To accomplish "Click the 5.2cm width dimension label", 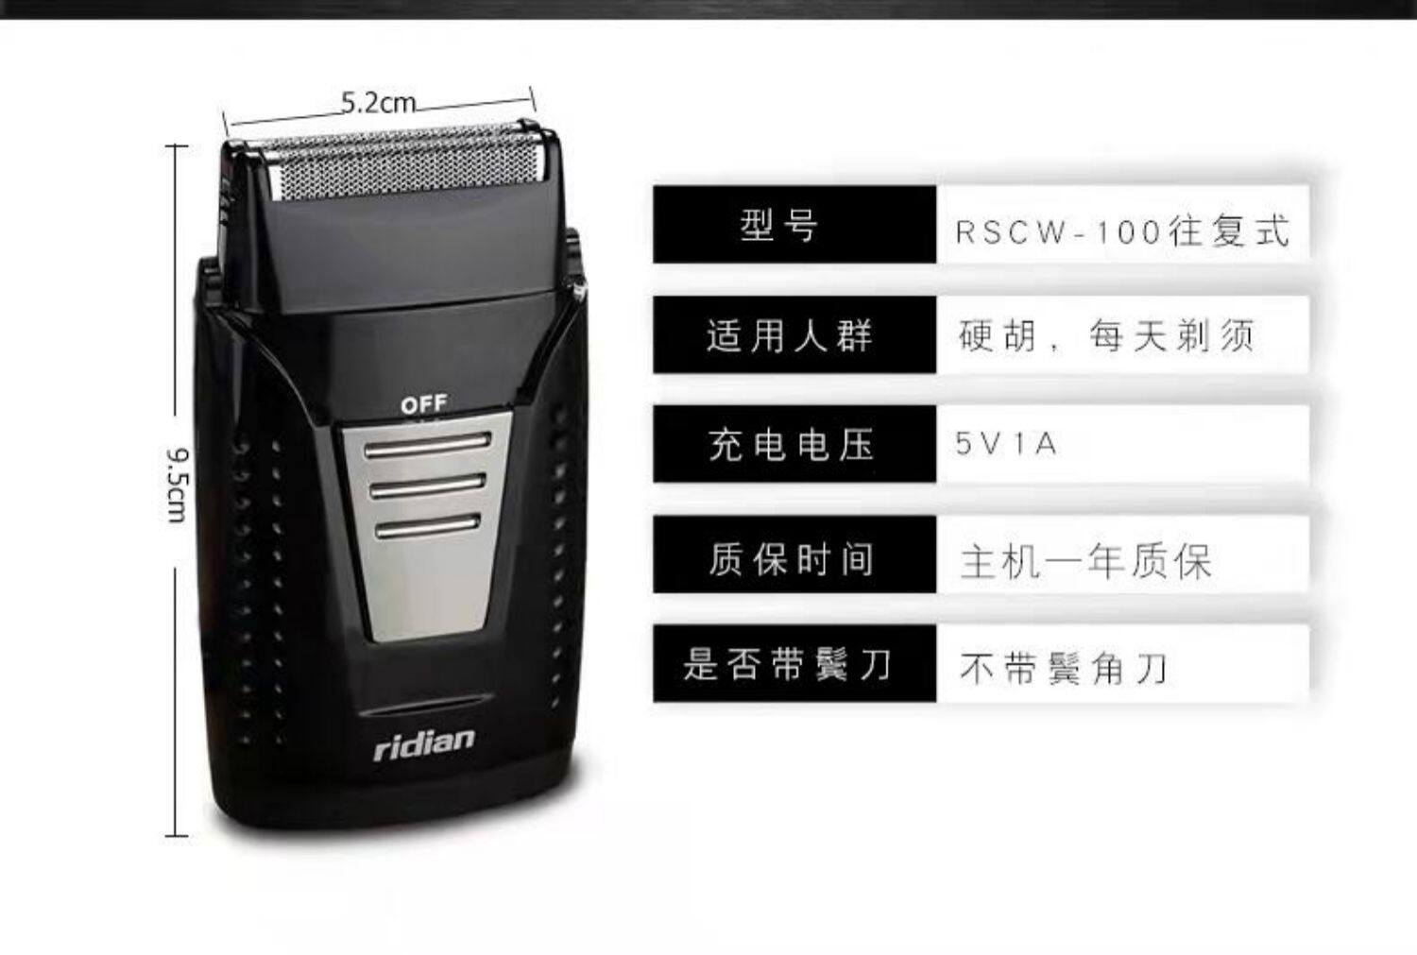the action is tap(378, 102).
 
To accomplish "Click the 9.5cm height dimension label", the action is tap(177, 486).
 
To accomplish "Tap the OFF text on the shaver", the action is tap(422, 404).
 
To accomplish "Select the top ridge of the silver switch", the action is tap(430, 445).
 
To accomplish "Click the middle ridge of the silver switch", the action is tap(430, 486).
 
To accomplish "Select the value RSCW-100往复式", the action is tap(1122, 230).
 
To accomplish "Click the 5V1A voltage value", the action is tap(1006, 444).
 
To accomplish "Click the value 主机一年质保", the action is tap(1086, 561).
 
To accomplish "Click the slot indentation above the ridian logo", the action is tap(425, 705).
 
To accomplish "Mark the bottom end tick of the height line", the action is tap(177, 835).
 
